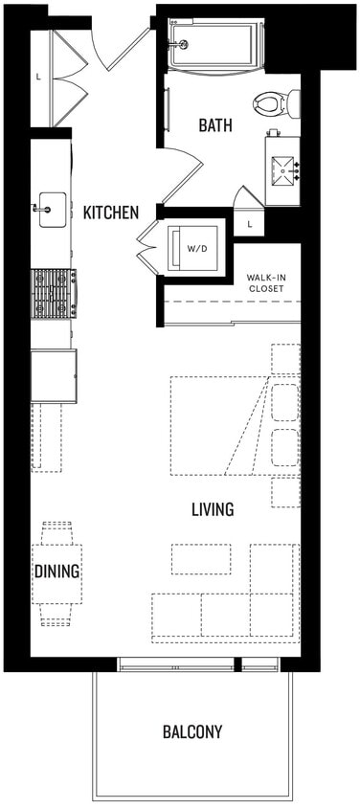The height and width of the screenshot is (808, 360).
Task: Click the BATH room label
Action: [214, 125]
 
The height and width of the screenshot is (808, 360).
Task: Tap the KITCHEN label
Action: [111, 213]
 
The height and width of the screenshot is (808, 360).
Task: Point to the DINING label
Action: [56, 572]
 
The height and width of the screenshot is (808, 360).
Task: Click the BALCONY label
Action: [192, 732]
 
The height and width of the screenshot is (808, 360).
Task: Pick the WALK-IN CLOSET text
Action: [267, 282]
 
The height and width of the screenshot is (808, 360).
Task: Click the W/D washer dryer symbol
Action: [195, 248]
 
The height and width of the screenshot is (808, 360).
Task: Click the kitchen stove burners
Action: [54, 293]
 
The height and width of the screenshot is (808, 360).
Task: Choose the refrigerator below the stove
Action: [54, 375]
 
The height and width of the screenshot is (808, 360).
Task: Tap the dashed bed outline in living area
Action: [220, 425]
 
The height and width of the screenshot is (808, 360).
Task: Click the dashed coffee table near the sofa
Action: [201, 558]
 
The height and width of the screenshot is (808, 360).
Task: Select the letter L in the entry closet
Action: [37, 76]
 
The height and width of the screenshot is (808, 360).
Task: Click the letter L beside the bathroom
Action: [249, 223]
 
